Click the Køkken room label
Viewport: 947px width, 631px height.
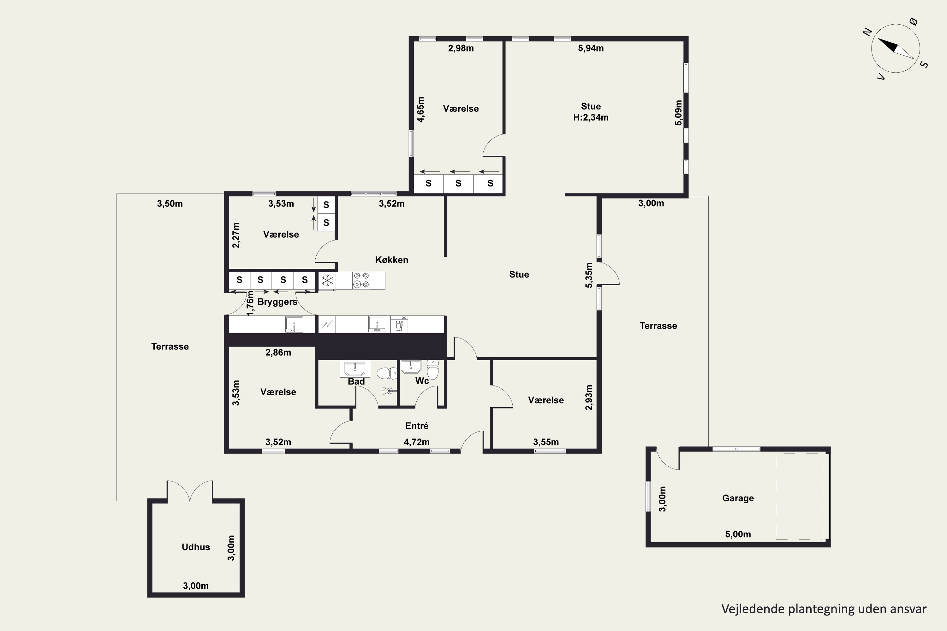pos(391,260)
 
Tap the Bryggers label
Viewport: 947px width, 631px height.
pos(277,302)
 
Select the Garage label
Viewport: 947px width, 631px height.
pos(738,498)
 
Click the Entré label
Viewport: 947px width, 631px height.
pos(417,426)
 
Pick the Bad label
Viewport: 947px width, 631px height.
pos(356,381)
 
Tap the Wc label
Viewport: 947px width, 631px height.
pos(422,381)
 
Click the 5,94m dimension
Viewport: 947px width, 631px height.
pos(591,48)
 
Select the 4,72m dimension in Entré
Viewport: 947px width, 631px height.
pos(417,442)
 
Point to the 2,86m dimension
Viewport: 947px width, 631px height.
pos(278,352)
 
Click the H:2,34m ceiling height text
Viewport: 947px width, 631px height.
pos(591,117)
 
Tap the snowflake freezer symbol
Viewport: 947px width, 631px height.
pos(327,280)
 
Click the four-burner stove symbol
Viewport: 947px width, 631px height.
pos(361,280)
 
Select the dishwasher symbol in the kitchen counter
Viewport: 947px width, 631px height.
pos(399,324)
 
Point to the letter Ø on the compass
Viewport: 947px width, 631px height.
pos(914,21)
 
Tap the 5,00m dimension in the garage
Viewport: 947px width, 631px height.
pos(738,534)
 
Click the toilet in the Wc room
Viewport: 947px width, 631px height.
pos(433,369)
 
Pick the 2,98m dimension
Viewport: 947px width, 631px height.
pos(461,48)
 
